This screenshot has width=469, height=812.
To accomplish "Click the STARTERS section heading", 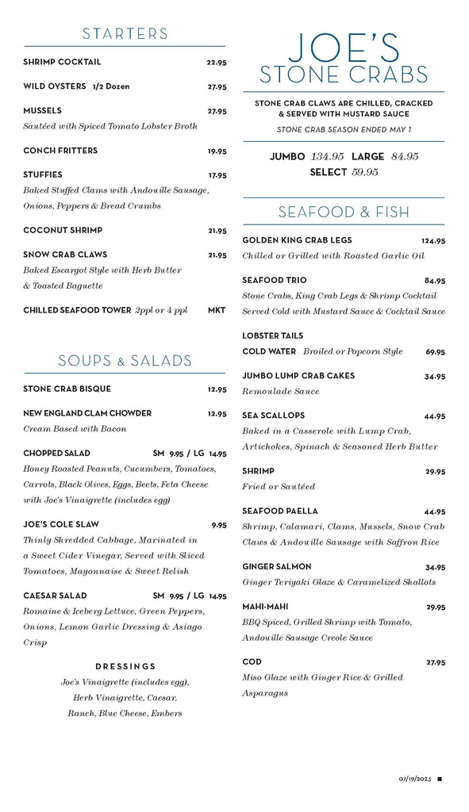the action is coord(125,33).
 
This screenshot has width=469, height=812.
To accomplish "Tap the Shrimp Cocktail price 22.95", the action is coord(217,63).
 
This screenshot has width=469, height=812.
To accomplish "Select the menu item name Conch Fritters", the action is coord(60,151).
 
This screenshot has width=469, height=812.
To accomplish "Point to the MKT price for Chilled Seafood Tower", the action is coord(217,311).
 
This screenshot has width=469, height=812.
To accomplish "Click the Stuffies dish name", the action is coord(43,174).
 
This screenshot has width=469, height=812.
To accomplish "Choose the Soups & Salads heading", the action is coord(125,361).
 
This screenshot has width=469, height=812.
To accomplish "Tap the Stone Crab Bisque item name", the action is coord(67,389).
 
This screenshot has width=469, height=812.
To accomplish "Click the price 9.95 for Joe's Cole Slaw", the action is coord(219,525).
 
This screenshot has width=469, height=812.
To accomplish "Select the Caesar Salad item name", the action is coord(56,596).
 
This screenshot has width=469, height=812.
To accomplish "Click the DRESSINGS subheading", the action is coord(125,667).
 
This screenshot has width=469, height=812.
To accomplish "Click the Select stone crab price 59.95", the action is coord(365,172).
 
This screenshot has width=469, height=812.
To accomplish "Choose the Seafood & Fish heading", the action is coord(344,212).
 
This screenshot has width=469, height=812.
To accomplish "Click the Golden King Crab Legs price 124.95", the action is coord(433,241).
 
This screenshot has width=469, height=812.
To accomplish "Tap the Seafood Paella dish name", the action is coord(280,511).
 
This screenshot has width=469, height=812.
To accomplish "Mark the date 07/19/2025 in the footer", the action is coord(414,779).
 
